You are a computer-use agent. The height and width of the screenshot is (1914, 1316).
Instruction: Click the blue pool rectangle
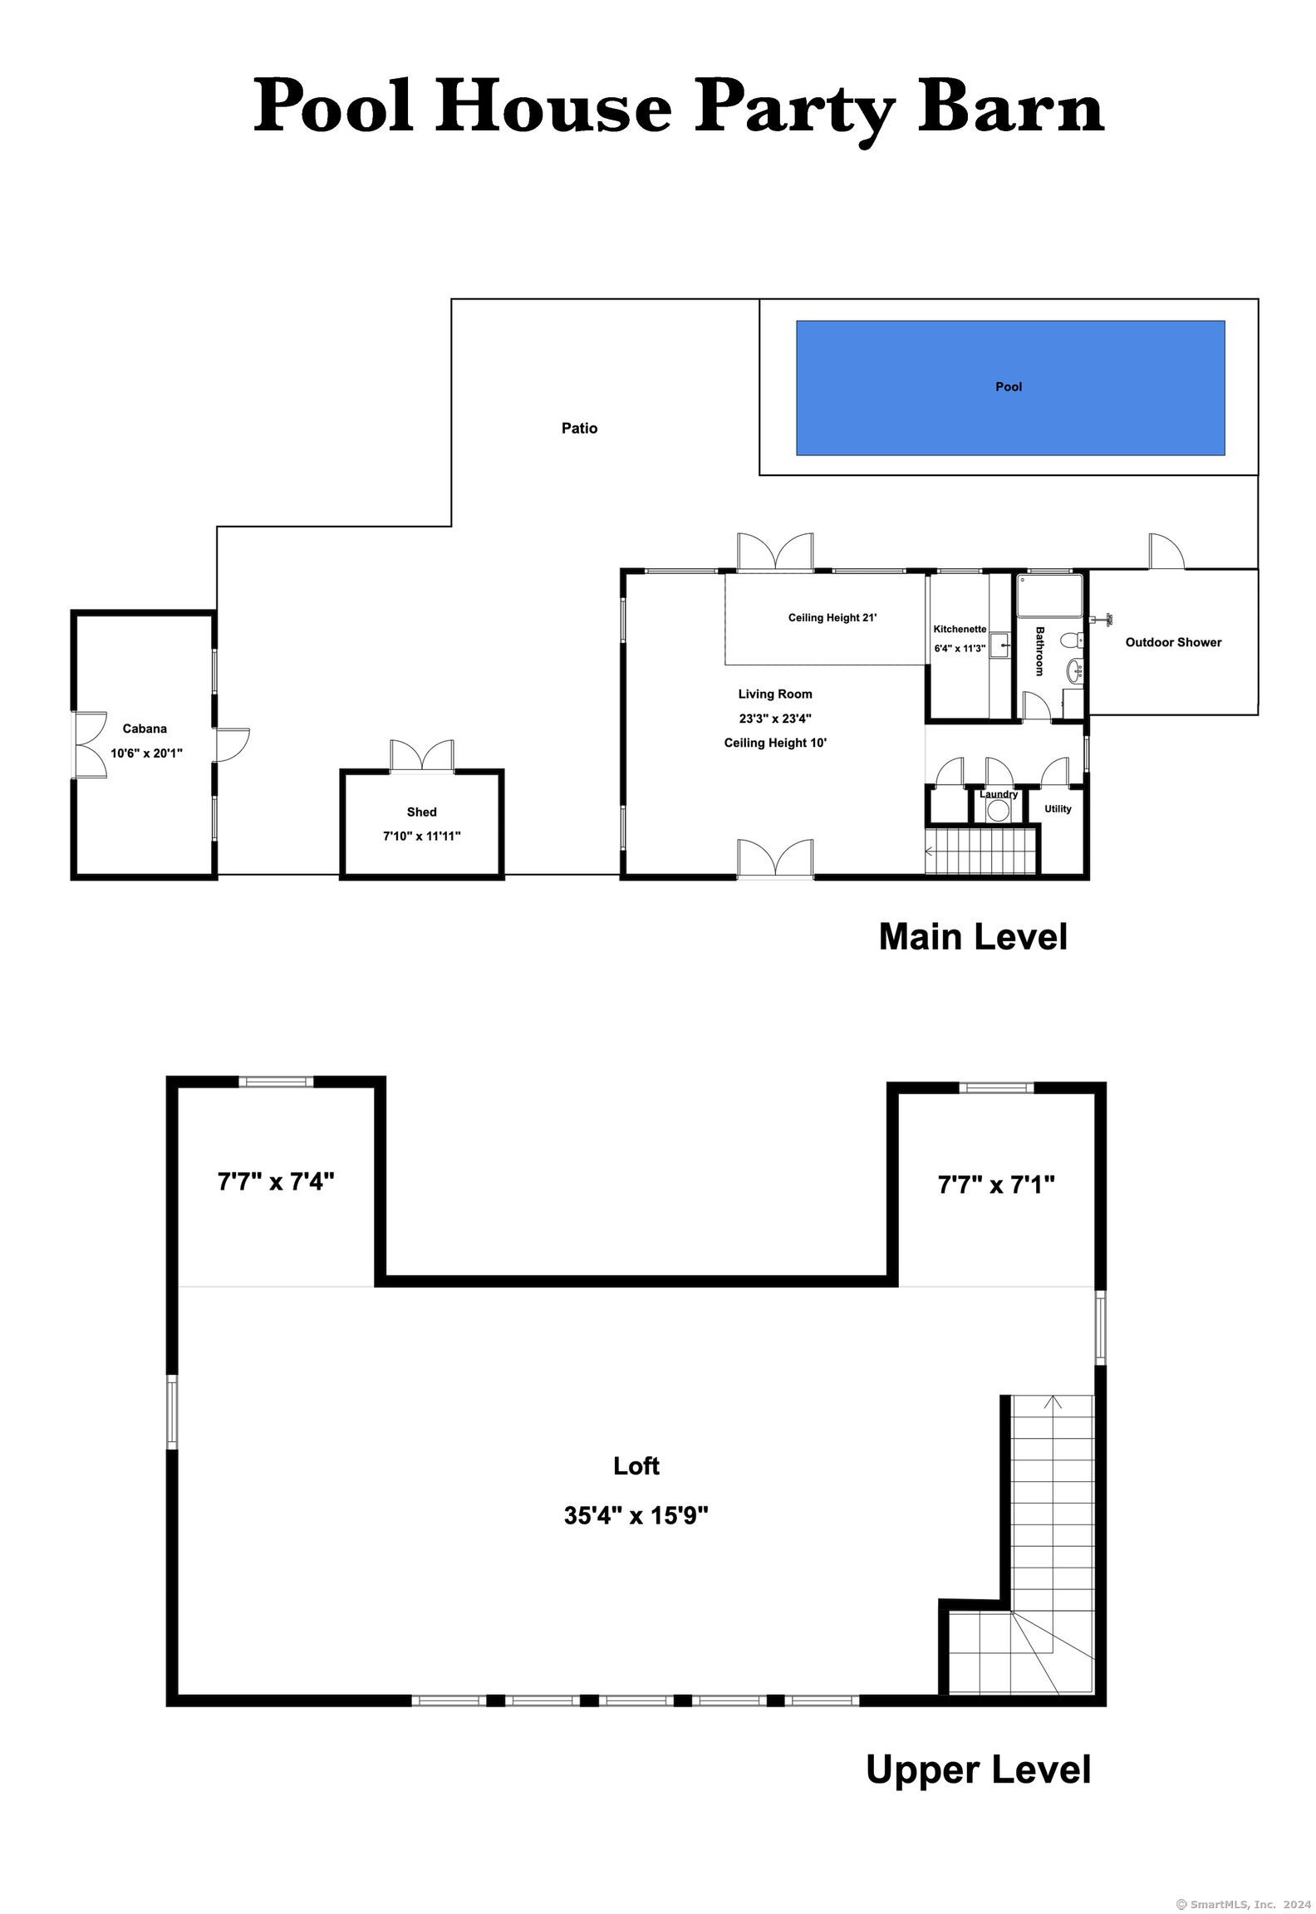1010,388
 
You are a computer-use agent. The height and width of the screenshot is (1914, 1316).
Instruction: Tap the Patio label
579,428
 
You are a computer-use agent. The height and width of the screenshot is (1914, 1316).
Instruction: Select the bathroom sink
1074,669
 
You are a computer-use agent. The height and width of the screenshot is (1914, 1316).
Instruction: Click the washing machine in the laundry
998,809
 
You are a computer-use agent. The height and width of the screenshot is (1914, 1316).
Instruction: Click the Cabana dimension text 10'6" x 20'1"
146,753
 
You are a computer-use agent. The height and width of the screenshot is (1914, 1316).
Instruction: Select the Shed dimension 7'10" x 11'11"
421,836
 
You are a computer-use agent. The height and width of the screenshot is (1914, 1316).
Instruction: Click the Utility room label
1058,808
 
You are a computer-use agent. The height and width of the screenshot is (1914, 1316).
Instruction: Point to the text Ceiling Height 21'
832,617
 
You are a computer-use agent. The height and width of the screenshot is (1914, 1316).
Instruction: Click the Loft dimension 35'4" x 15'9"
636,1515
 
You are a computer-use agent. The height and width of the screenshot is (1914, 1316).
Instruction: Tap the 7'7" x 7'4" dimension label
276,1180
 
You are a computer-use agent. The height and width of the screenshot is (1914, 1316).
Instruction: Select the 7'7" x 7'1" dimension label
996,1184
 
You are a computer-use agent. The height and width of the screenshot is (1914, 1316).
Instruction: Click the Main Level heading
973,936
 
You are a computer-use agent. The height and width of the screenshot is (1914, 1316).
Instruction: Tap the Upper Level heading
978,1769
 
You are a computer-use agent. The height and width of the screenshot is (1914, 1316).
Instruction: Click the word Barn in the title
1011,106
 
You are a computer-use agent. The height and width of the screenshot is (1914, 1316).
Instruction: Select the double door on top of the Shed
422,755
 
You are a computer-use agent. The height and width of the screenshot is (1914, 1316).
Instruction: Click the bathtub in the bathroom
1050,595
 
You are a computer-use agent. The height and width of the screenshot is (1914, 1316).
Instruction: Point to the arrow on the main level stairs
930,851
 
